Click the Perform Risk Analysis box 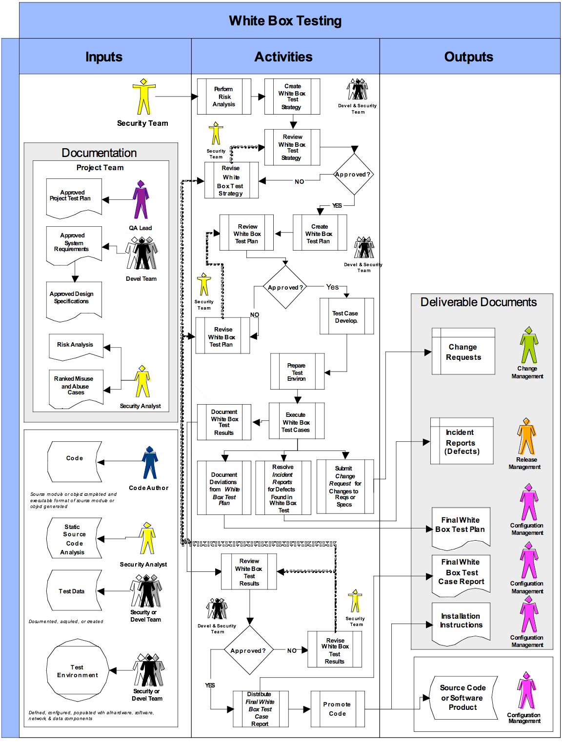tap(224, 97)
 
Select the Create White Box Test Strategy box tap(292, 97)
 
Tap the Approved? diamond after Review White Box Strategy tap(352, 175)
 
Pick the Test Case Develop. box tap(346, 316)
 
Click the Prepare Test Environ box tap(297, 372)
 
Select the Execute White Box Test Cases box tap(296, 422)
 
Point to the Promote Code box tap(337, 709)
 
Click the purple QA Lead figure tap(141, 200)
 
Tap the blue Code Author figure tap(149, 463)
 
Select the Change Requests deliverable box tap(463, 352)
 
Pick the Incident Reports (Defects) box tap(462, 442)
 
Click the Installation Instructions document tap(461, 621)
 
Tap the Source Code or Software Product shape tap(463, 698)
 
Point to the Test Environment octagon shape tap(77, 671)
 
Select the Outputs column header tap(469, 57)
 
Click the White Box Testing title tap(285, 21)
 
